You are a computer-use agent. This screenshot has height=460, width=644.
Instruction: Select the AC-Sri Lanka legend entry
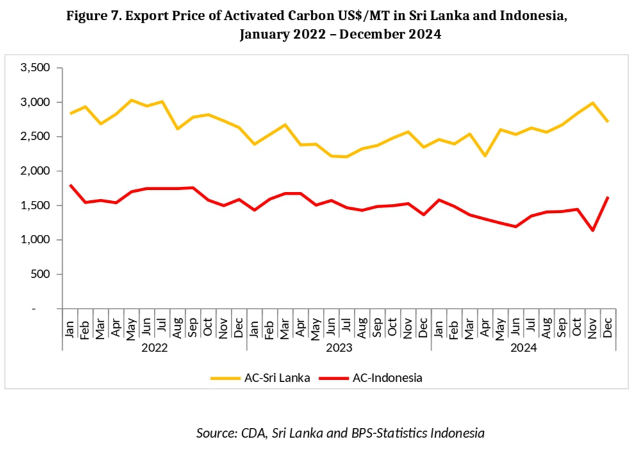(261, 378)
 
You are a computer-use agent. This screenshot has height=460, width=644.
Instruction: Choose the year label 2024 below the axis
(524, 347)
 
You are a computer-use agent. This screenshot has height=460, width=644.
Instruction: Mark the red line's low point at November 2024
(593, 230)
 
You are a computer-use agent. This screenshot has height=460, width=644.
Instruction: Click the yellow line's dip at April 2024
(485, 156)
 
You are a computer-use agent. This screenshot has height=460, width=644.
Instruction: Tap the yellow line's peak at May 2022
(131, 100)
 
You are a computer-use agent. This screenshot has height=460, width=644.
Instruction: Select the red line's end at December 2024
(608, 198)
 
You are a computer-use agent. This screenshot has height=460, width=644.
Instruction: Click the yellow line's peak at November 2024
(593, 103)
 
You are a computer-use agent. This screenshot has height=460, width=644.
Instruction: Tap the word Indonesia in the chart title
(534, 16)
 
